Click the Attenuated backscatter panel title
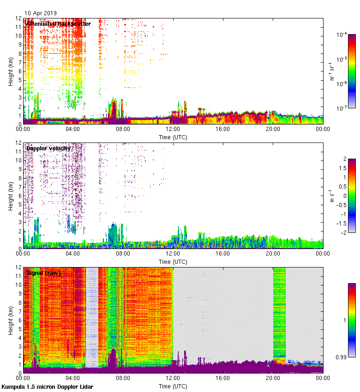coord(59,24)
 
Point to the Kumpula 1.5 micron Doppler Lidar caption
coord(47,386)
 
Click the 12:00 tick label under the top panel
coord(173,129)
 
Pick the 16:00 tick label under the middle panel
coord(223,254)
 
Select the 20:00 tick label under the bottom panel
coord(273,378)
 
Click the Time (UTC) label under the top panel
coord(173,137)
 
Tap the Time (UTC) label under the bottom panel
coord(173,386)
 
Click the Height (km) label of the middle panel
coord(10,196)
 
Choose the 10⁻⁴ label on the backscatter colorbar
coord(342,35)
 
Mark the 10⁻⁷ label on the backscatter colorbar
coord(342,108)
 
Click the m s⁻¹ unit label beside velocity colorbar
coord(331,196)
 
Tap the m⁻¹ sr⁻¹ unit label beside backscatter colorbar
coord(331,71)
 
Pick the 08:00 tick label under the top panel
coord(123,129)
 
